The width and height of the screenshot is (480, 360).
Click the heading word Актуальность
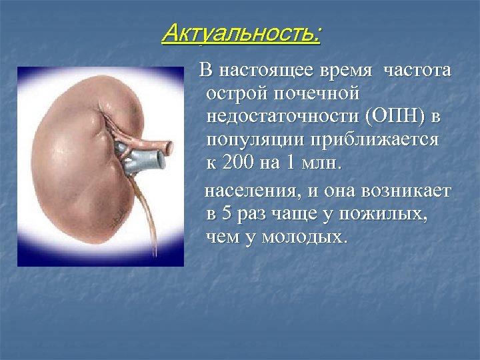(241, 33)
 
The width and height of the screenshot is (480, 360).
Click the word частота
(417, 71)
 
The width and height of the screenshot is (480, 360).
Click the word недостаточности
(283, 118)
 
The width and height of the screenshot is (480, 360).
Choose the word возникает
(407, 191)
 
